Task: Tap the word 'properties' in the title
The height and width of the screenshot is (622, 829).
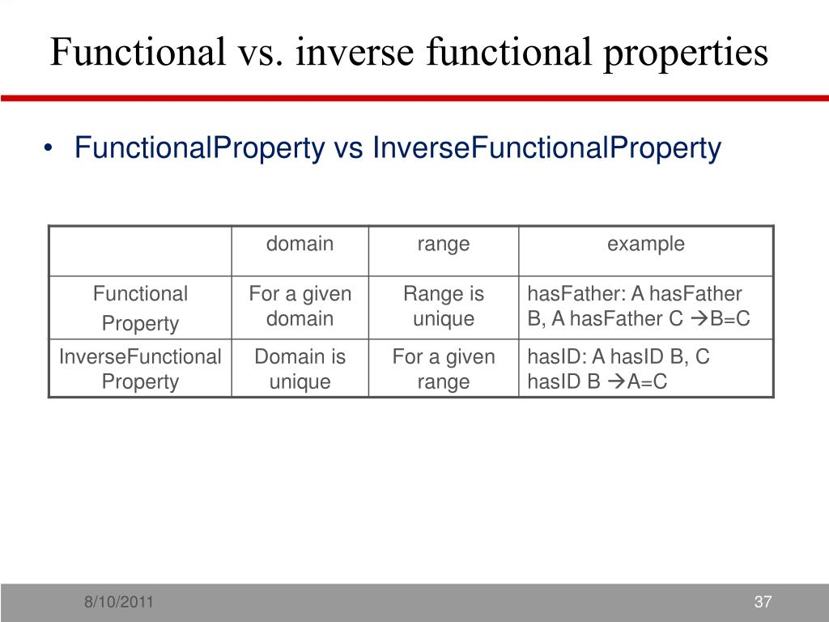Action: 684,53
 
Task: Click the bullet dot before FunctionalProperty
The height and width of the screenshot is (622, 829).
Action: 50,150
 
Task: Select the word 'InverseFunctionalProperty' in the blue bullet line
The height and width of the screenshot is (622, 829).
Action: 546,148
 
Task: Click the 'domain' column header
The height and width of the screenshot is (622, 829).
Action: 300,244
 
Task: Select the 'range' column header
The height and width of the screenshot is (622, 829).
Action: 443,244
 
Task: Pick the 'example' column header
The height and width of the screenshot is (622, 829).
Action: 645,244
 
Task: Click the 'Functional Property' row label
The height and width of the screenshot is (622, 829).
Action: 140,308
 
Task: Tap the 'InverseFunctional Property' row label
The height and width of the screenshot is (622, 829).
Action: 140,369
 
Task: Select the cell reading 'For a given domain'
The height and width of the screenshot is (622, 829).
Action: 300,306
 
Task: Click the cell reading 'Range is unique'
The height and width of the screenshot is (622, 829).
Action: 443,306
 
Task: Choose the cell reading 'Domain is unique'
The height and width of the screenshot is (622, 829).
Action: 300,369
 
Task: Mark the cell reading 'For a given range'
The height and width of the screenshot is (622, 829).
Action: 443,369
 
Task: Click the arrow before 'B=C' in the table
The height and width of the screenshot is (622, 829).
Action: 699,319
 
